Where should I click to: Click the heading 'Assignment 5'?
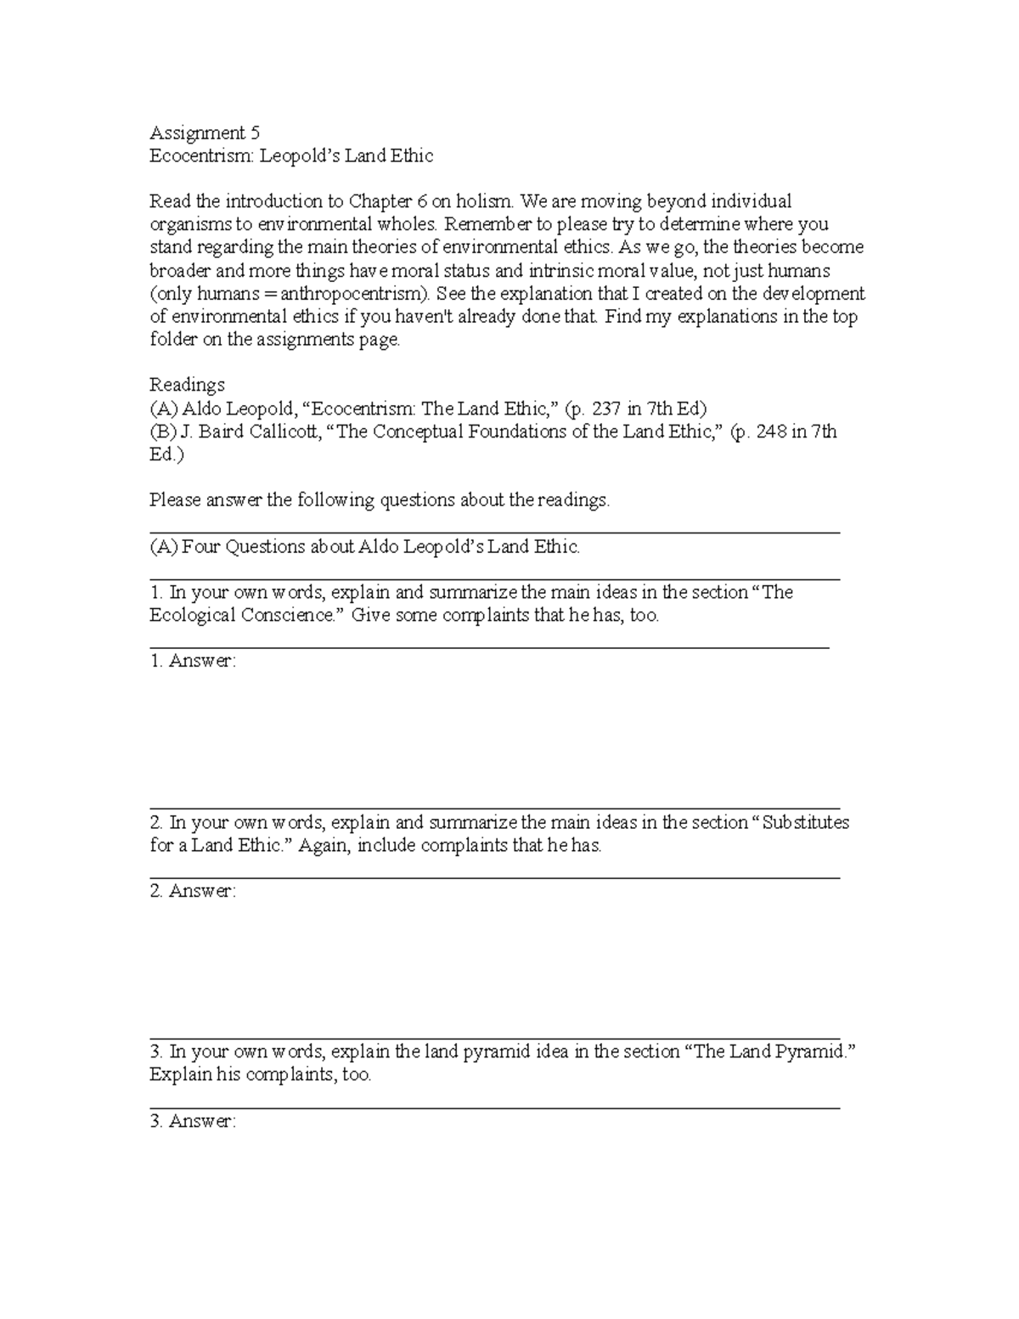coord(205,132)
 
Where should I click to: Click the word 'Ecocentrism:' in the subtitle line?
coord(202,156)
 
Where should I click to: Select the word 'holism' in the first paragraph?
coord(483,202)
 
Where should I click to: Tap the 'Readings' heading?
coord(187,386)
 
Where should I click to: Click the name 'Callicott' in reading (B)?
coord(287,431)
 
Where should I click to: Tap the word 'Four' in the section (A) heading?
coord(200,547)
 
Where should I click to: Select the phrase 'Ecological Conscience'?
coord(242,616)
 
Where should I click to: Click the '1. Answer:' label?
coord(193,661)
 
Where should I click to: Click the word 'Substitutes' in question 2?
coord(805,823)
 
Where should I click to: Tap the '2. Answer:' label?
coord(193,891)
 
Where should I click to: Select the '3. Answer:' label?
coord(193,1121)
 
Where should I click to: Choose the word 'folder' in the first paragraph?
coord(173,341)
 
